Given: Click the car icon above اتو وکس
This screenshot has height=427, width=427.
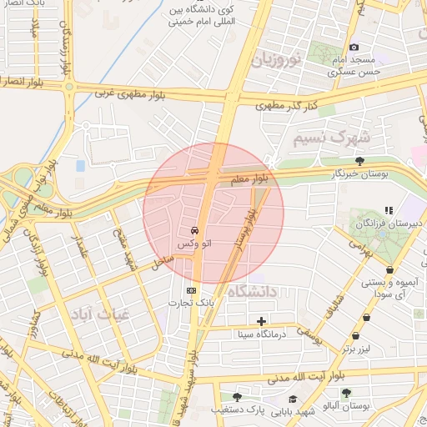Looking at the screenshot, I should tap(194, 229).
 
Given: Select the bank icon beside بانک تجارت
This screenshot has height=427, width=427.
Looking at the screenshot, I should tap(193, 290).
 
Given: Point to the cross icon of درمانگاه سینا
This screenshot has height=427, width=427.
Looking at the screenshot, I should tap(262, 321).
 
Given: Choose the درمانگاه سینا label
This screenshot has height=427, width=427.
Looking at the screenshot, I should tap(261, 334).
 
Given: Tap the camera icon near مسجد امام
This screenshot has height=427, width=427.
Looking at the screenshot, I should tap(354, 47).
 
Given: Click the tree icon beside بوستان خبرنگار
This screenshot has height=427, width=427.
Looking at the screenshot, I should tap(359, 161).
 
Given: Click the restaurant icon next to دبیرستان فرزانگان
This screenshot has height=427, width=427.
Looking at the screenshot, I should tap(387, 210).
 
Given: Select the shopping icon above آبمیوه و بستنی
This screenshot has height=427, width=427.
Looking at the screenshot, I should tap(369, 270).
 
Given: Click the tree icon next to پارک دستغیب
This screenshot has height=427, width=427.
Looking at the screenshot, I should tap(237, 397).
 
